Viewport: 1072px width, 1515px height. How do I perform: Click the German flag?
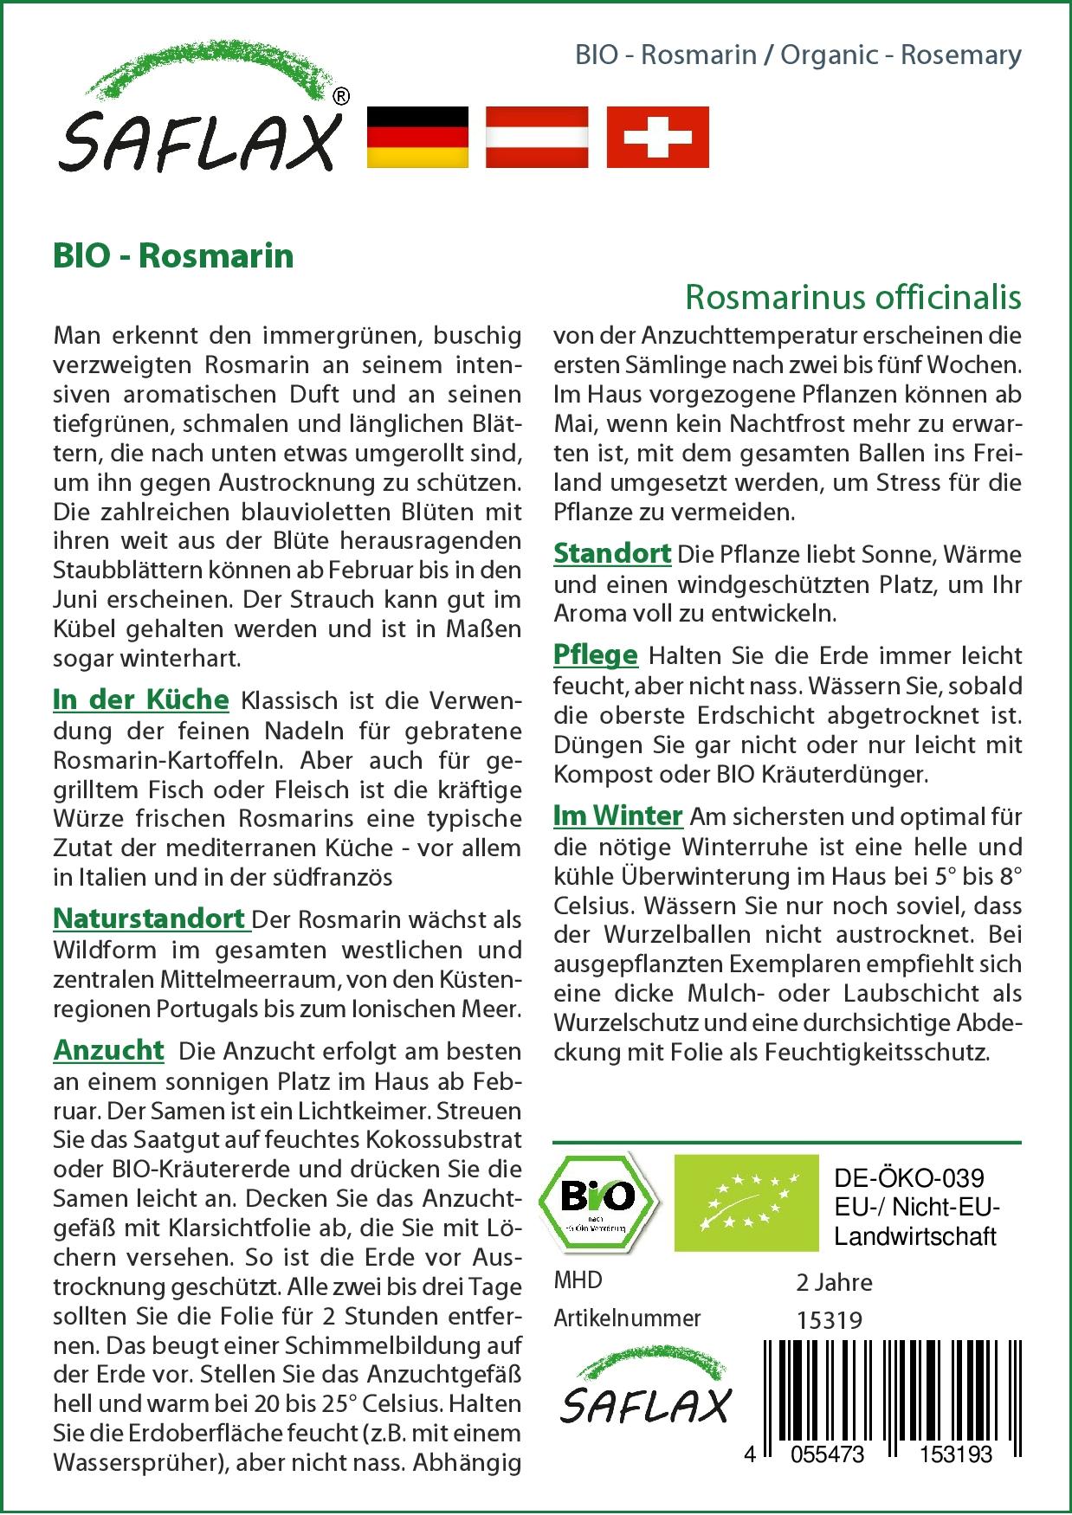[418, 137]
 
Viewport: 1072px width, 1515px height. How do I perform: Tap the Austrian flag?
[537, 137]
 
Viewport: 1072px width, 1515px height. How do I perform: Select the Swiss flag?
[657, 137]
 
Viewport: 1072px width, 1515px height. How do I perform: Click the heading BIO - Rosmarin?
[173, 256]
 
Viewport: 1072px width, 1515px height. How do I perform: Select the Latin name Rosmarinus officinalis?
[853, 297]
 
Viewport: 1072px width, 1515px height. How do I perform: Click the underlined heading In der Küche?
[141, 699]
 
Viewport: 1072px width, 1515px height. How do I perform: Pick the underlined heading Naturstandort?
[151, 919]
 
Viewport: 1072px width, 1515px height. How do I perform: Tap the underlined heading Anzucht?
[108, 1050]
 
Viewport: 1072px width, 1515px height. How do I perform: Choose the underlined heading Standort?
[612, 553]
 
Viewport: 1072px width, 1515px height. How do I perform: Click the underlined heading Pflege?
[596, 655]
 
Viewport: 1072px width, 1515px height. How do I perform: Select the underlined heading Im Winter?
[618, 816]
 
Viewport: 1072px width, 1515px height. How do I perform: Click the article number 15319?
[829, 1320]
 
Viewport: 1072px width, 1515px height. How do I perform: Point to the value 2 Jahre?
[834, 1282]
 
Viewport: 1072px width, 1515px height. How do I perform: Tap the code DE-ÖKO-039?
[909, 1179]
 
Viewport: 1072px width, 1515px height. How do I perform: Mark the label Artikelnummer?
[627, 1318]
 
